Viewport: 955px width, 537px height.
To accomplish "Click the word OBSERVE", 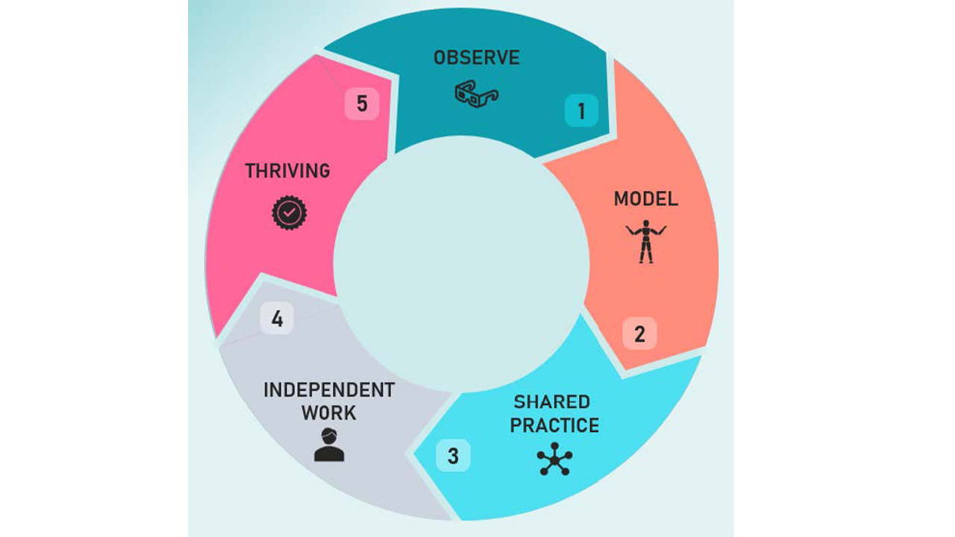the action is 476,58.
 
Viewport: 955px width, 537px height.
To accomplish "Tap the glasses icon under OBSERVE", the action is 476,95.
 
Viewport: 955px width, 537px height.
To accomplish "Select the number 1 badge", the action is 581,111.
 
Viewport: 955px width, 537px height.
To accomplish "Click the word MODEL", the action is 645,199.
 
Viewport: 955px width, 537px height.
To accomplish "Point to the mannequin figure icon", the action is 645,241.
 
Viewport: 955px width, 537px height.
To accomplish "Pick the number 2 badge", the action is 639,334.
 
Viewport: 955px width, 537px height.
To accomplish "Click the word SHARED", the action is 551,402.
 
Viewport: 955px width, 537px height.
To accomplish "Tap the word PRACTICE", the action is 554,426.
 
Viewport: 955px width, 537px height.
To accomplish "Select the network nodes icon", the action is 554,458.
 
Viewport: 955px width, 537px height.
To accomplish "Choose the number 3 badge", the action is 453,456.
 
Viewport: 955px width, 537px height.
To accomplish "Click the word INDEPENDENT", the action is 328,390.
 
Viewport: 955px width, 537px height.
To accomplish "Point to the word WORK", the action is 328,413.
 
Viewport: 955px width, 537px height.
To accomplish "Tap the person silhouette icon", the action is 328,445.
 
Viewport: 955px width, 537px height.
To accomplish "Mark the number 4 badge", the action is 277,319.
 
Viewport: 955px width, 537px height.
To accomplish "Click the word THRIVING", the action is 287,171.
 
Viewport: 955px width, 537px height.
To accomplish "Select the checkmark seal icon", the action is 289,213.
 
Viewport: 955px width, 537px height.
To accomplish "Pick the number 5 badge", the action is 362,104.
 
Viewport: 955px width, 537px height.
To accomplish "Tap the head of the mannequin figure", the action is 645,224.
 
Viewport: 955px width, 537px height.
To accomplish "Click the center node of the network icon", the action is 554,458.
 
